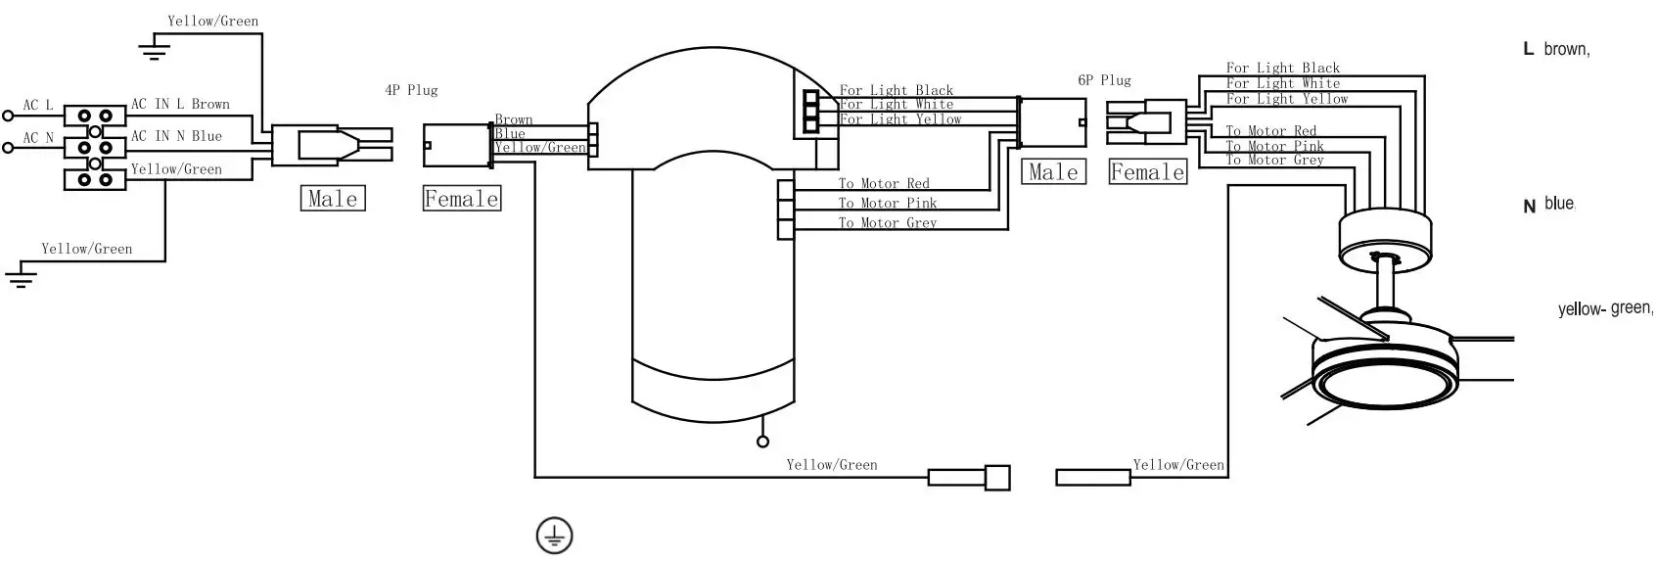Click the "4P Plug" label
[x=411, y=90]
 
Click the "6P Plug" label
[x=1104, y=80]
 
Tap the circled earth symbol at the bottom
[x=554, y=536]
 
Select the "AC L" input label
[x=38, y=105]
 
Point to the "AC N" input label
[x=38, y=138]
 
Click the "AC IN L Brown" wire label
[x=180, y=104]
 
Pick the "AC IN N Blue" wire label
[x=177, y=136]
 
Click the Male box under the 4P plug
[x=333, y=199]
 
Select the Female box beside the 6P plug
[x=1147, y=171]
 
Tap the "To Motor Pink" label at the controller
[x=888, y=203]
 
